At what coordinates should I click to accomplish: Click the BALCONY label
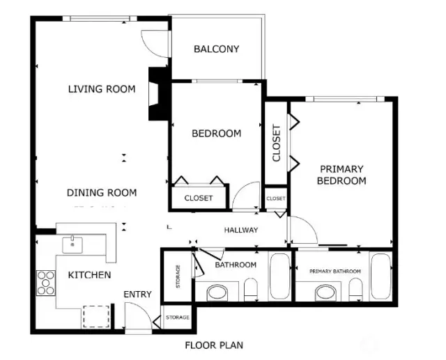pyautogui.click(x=216, y=49)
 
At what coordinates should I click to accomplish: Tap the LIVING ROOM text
pyautogui.click(x=102, y=89)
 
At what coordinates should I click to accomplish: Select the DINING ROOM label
pyautogui.click(x=102, y=193)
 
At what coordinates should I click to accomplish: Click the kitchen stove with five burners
pyautogui.click(x=46, y=283)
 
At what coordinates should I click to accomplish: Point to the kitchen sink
pyautogui.click(x=72, y=244)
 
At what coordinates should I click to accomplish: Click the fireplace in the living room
pyautogui.click(x=159, y=94)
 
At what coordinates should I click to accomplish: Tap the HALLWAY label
pyautogui.click(x=241, y=230)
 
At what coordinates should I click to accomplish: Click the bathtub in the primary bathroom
pyautogui.click(x=380, y=276)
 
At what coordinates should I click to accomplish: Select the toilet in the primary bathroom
pyautogui.click(x=355, y=289)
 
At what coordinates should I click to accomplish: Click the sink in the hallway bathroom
pyautogui.click(x=217, y=292)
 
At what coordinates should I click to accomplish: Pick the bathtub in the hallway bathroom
pyautogui.click(x=280, y=276)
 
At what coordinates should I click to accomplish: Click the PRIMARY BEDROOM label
pyautogui.click(x=341, y=175)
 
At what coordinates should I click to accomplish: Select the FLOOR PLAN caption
pyautogui.click(x=214, y=345)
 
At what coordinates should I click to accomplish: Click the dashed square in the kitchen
pyautogui.click(x=96, y=317)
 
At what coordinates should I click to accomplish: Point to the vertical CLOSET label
pyautogui.click(x=276, y=143)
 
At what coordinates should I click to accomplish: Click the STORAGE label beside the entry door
pyautogui.click(x=178, y=318)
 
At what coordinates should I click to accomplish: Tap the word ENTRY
pyautogui.click(x=138, y=295)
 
